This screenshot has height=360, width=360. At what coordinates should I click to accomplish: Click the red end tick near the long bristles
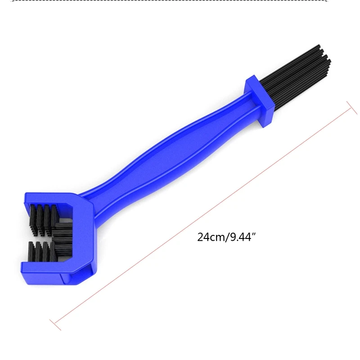(x=350, y=104)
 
